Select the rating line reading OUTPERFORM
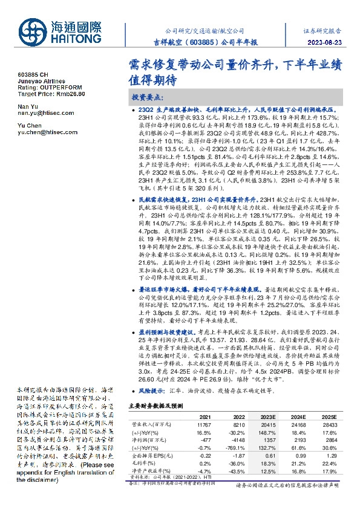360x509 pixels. (43, 87)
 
